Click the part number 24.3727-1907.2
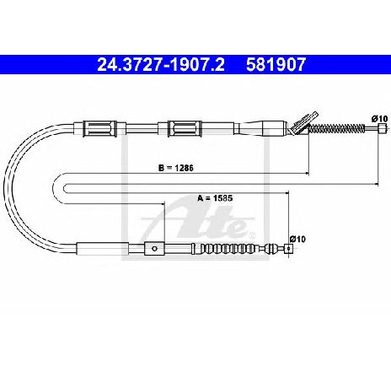tap(161, 65)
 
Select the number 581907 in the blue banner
tap(276, 65)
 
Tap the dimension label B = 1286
tap(176, 168)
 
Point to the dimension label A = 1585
tap(215, 198)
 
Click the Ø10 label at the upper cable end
tap(379, 119)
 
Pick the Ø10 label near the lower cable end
tap(297, 239)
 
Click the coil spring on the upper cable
tap(337, 129)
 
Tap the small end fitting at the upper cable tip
tap(381, 128)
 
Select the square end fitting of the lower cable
tap(288, 249)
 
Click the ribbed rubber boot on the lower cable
tap(229, 249)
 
